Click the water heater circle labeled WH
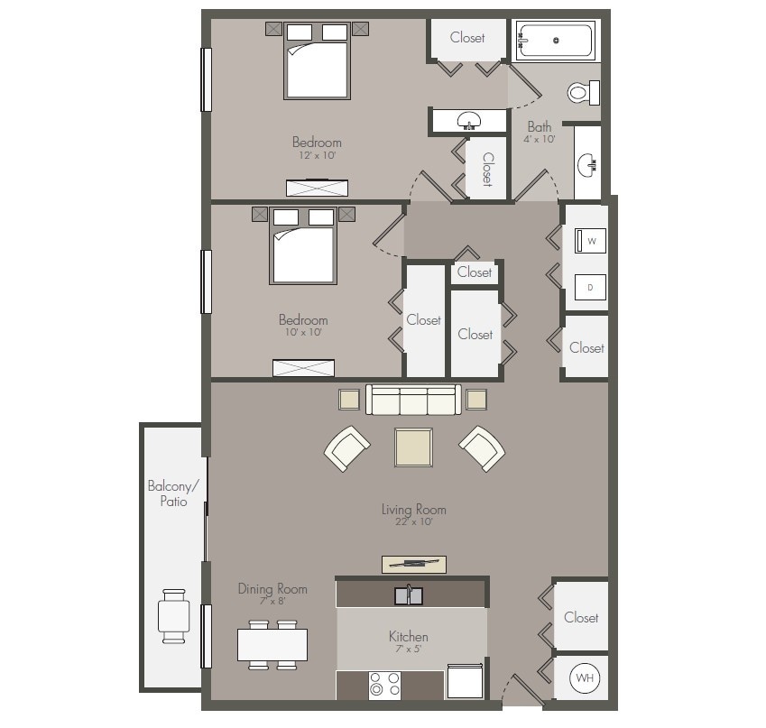585,677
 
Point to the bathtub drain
557,41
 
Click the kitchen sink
409,595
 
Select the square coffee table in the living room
412,447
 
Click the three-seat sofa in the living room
413,399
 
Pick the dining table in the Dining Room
272,644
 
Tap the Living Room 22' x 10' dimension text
413,522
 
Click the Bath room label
540,127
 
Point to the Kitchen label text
408,636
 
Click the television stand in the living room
413,565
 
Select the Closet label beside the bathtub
467,38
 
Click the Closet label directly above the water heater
581,618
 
